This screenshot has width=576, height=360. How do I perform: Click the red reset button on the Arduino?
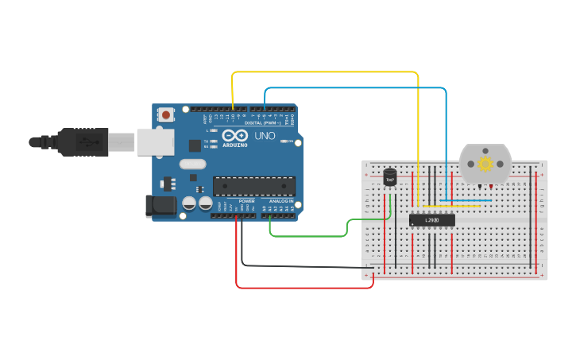[x=165, y=114]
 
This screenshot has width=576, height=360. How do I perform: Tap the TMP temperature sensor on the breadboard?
[x=389, y=179]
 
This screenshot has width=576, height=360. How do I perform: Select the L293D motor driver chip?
[x=432, y=220]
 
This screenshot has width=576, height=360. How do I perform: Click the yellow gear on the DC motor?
[x=485, y=163]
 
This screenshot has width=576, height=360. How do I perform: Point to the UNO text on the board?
[x=265, y=137]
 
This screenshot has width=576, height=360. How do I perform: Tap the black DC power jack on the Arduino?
[x=160, y=206]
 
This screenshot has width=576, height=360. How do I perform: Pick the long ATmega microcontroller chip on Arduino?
[x=253, y=187]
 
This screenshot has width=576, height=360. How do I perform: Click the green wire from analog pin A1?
[x=310, y=236]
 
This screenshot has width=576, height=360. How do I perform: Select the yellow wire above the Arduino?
[x=326, y=72]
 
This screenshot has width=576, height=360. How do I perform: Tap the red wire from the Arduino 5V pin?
[x=302, y=288]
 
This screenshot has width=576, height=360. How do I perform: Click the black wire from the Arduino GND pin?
[x=302, y=265]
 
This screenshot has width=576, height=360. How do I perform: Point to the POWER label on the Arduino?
[x=247, y=201]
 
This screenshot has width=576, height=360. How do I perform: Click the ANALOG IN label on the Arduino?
[x=280, y=201]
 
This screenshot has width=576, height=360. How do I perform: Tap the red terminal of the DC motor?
[x=491, y=187]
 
